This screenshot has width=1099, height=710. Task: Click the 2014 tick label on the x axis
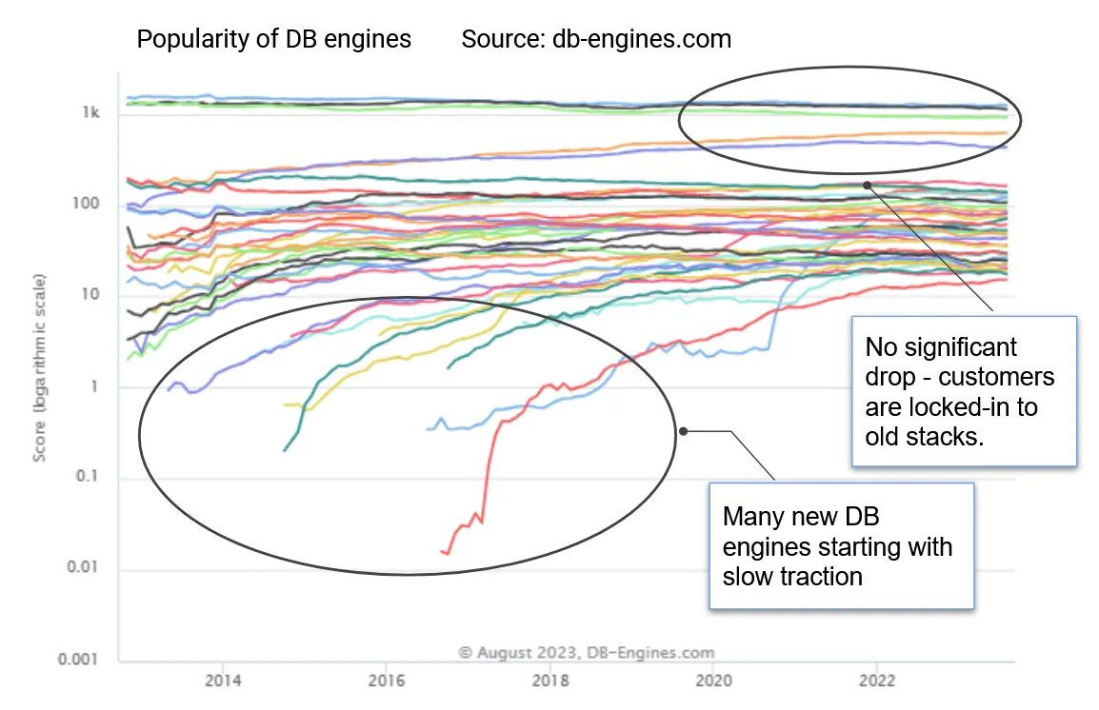tap(222, 680)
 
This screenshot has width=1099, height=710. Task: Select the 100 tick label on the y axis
tap(88, 206)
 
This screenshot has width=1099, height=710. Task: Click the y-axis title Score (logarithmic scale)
tap(40, 368)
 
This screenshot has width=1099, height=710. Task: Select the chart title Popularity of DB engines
tap(274, 39)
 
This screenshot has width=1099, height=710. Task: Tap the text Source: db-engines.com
tap(596, 39)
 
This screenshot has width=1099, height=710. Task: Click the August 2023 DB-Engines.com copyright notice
tap(586, 653)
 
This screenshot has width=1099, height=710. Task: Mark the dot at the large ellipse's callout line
tap(683, 431)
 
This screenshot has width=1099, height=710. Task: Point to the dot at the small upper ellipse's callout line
tap(867, 185)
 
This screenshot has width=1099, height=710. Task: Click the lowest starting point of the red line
tap(442, 551)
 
